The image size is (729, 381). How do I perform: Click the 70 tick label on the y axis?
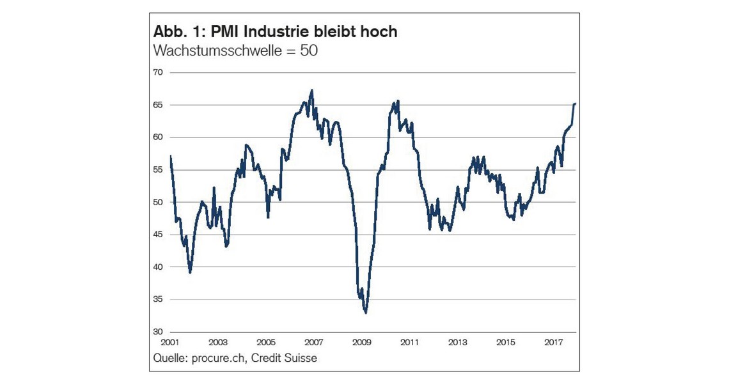[x=158, y=72]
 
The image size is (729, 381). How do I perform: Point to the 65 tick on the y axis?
[x=158, y=105]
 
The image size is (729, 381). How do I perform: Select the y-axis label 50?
[x=158, y=202]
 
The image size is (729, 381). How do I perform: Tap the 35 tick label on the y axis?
[x=158, y=299]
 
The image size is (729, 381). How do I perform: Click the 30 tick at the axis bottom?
[x=158, y=332]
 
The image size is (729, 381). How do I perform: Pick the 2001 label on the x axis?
[x=170, y=343]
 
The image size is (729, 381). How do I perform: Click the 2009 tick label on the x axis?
[x=362, y=343]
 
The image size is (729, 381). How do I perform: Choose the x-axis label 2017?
[x=554, y=343]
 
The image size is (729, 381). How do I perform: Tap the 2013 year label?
[x=458, y=343]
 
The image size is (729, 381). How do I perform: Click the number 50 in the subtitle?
[x=308, y=51]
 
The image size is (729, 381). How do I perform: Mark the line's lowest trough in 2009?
[x=365, y=313]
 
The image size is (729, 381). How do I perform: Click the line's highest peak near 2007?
[x=311, y=90]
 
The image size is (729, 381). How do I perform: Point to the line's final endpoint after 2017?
[x=575, y=104]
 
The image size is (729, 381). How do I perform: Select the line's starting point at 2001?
[x=171, y=156]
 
